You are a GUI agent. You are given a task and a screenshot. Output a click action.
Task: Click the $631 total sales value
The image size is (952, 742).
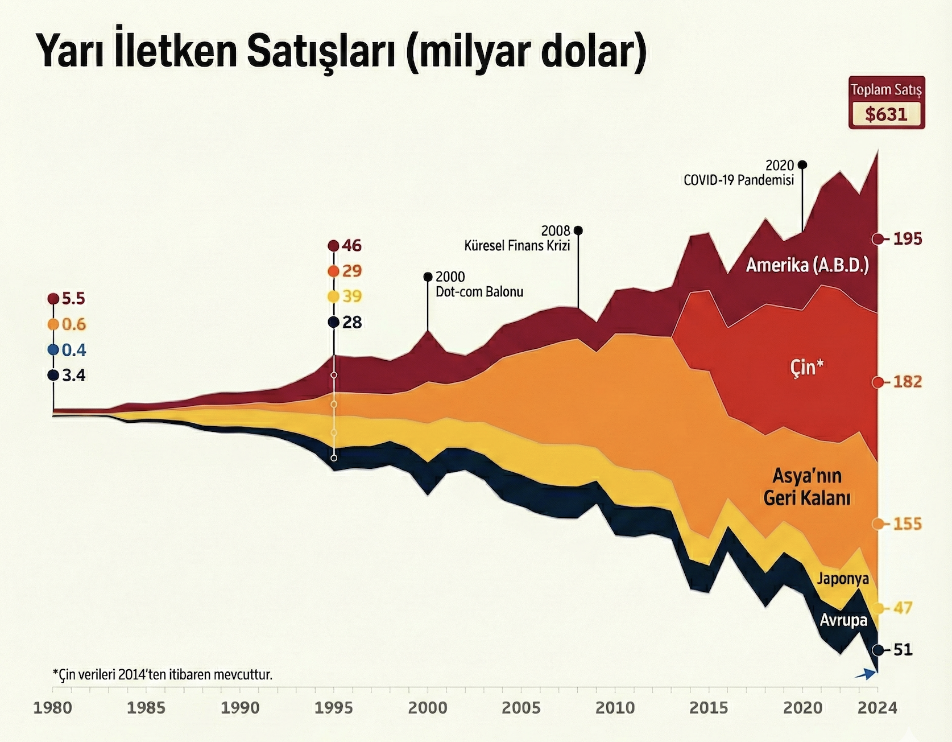[x=886, y=114]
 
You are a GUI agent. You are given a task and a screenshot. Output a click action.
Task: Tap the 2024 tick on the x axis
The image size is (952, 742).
[x=877, y=708]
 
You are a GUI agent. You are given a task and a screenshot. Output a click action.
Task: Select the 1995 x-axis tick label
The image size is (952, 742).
[x=334, y=708]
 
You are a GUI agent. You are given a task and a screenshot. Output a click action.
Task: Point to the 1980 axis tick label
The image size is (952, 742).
[x=53, y=708]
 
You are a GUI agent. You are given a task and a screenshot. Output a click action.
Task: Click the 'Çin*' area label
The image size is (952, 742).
[x=806, y=368]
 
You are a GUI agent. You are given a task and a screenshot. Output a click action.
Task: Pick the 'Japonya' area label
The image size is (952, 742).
[x=843, y=579]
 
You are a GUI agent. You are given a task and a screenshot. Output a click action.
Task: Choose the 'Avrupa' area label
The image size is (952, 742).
[x=843, y=620]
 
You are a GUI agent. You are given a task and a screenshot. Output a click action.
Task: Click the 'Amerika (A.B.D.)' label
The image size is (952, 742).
[x=807, y=265]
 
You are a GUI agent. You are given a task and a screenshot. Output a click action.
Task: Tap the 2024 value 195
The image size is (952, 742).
[x=907, y=239]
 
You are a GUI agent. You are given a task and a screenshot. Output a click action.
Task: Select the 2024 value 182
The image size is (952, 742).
[x=907, y=382]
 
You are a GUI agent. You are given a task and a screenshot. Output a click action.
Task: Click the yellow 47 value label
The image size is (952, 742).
[x=903, y=608]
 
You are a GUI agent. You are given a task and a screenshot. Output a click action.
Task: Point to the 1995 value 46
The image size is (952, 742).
[x=351, y=246]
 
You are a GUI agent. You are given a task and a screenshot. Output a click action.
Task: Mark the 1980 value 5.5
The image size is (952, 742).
[x=73, y=299]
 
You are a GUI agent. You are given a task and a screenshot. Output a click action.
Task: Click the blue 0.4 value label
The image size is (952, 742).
[x=73, y=350]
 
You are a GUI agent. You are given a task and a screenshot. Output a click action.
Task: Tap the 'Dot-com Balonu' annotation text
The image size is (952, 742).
[x=479, y=292]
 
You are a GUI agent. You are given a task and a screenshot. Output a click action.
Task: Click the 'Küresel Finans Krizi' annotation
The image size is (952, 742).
[x=517, y=246]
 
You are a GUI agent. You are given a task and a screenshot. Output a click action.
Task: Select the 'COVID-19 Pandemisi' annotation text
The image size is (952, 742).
[x=738, y=180]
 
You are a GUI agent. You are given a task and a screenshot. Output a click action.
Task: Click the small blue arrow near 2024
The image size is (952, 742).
[x=866, y=674]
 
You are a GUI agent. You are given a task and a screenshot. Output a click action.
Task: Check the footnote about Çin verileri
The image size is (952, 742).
[x=163, y=675]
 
